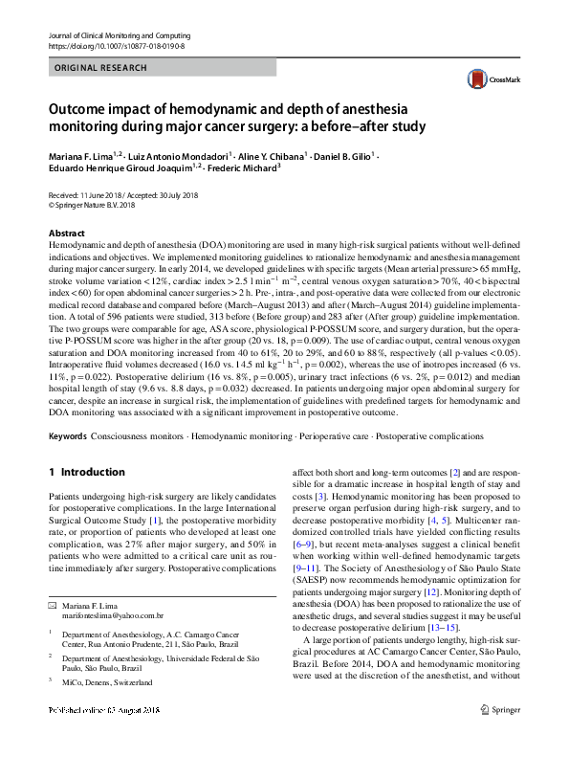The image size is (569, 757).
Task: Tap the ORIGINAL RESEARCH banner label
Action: (x=101, y=68)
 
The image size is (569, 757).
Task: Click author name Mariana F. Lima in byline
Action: (x=84, y=153)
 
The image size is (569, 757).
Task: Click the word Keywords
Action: (x=67, y=435)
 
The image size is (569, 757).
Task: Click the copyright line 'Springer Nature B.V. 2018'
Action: (x=95, y=204)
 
